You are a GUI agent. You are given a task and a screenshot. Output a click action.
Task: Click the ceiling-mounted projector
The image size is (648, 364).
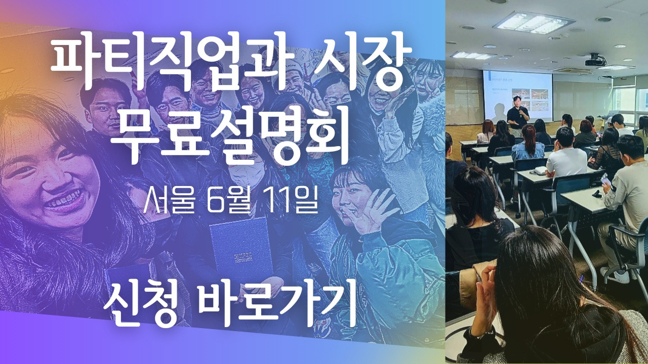tap(595, 61)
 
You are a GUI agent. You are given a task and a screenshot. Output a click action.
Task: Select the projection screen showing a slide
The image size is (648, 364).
tap(517, 96)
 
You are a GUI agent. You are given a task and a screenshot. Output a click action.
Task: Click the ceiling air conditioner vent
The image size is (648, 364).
tap(572, 70)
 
